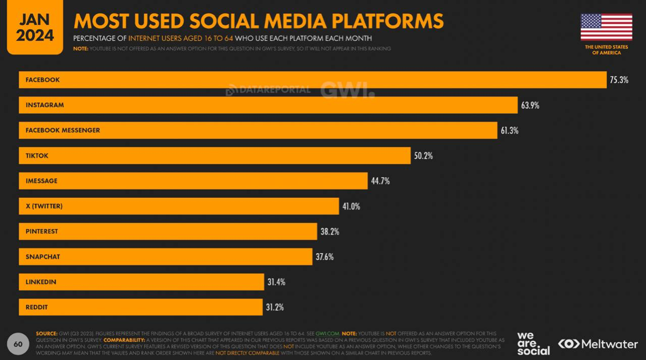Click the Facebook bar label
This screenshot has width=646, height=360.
pyautogui.click(x=43, y=80)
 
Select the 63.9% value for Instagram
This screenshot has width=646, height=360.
pyautogui.click(x=530, y=106)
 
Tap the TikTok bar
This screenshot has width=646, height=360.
pyautogui.click(x=214, y=156)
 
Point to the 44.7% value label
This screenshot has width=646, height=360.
pyautogui.click(x=380, y=181)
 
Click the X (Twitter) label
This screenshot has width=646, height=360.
pyautogui.click(x=44, y=206)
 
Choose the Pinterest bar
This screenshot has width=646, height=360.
pyautogui.click(x=168, y=232)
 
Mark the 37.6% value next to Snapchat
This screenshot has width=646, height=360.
pyautogui.click(x=325, y=257)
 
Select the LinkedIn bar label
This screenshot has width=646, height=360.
pyautogui.click(x=41, y=282)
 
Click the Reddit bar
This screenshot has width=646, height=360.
pyautogui.click(x=141, y=307)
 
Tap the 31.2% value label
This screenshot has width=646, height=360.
pyautogui.click(x=275, y=307)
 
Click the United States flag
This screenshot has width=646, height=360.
pyautogui.click(x=607, y=27)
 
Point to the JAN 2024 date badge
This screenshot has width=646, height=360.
pyautogui.click(x=35, y=27)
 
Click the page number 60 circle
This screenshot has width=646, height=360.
pyautogui.click(x=18, y=344)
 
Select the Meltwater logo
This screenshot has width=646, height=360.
pyautogui.click(x=598, y=344)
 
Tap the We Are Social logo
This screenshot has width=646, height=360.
pyautogui.click(x=533, y=344)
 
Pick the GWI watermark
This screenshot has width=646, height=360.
pyautogui.click(x=348, y=90)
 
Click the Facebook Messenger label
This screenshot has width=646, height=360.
pyautogui.click(x=62, y=130)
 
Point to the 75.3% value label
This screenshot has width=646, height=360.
pyautogui.click(x=619, y=80)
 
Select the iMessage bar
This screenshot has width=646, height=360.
pyautogui.click(x=193, y=181)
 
